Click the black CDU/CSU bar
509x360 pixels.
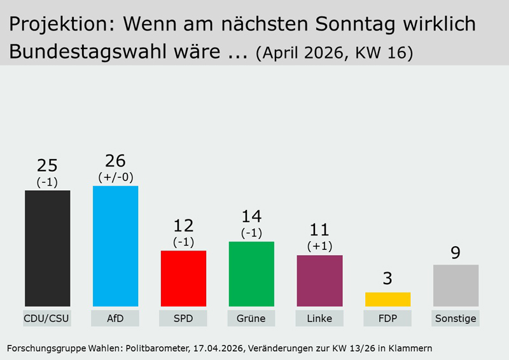pos(48,248)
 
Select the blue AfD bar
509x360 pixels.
pos(115,246)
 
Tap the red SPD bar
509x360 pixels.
pos(183,279)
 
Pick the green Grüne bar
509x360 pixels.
pos(251,274)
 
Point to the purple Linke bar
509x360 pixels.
pos(319,280)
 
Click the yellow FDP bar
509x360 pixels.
pos(387,299)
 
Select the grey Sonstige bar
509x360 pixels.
pos(456,286)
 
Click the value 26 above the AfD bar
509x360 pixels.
pos(115,161)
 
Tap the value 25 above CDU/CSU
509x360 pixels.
pos(48,165)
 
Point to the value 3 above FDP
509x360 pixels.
pos(387,278)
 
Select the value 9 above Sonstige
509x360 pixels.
pos(456,253)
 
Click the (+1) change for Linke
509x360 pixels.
pos(319,246)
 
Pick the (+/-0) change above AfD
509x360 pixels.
pos(115,177)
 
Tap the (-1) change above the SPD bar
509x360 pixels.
pos(183,242)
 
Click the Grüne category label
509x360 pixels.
pos(251,318)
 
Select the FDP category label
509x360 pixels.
pos(387,318)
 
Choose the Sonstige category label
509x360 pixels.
pos(456,318)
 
